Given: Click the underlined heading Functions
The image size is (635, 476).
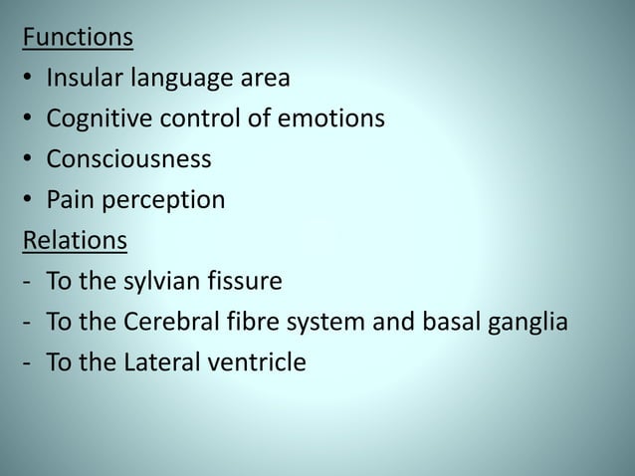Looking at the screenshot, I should [x=79, y=38].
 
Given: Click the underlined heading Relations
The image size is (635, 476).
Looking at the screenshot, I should [x=75, y=242].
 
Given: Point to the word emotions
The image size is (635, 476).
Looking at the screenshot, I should [x=335, y=119].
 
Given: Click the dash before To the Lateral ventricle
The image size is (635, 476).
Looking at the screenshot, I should [x=26, y=365].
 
